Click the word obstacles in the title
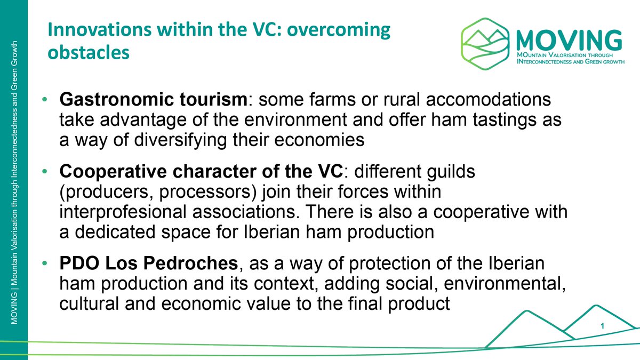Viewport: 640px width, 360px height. click(x=89, y=53)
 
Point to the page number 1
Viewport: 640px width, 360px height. click(x=602, y=326)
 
